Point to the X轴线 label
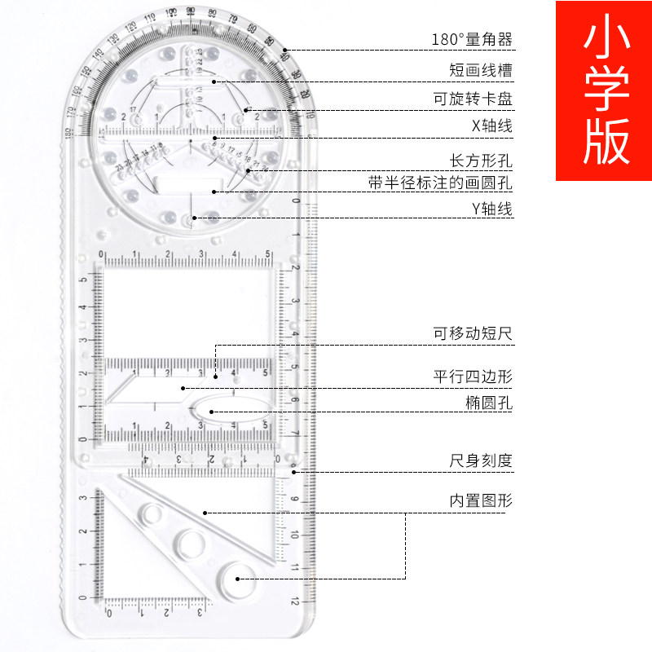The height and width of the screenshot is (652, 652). click(x=492, y=126)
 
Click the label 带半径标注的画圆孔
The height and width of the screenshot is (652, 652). click(x=440, y=183)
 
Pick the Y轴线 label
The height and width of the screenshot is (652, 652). click(x=492, y=209)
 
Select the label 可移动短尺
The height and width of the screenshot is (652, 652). click(x=473, y=333)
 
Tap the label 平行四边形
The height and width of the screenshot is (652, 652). click(x=473, y=376)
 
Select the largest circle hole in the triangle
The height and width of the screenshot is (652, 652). click(x=240, y=579)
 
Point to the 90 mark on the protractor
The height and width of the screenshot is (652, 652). click(x=190, y=11)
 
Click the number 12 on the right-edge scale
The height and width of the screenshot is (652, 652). click(x=294, y=601)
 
